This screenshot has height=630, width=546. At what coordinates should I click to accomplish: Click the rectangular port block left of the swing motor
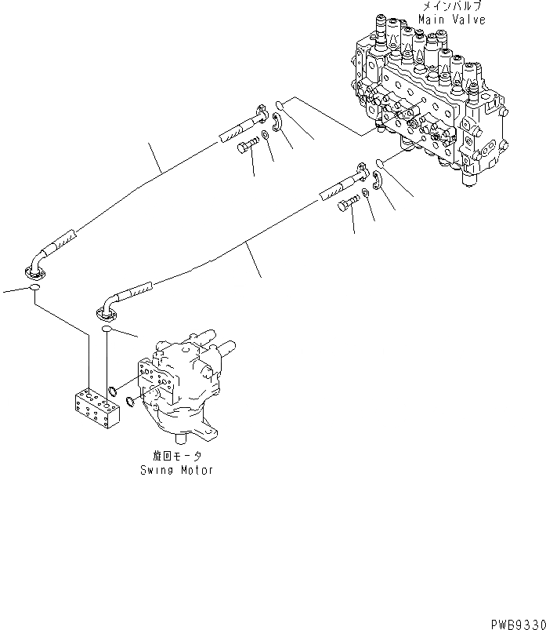95,409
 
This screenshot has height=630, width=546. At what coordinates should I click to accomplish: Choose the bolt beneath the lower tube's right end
347,206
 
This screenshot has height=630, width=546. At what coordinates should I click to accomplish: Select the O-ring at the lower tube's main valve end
378,163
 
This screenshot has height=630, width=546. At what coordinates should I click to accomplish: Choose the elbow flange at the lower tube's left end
107,312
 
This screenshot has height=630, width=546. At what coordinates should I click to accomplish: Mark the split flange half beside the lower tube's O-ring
377,180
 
